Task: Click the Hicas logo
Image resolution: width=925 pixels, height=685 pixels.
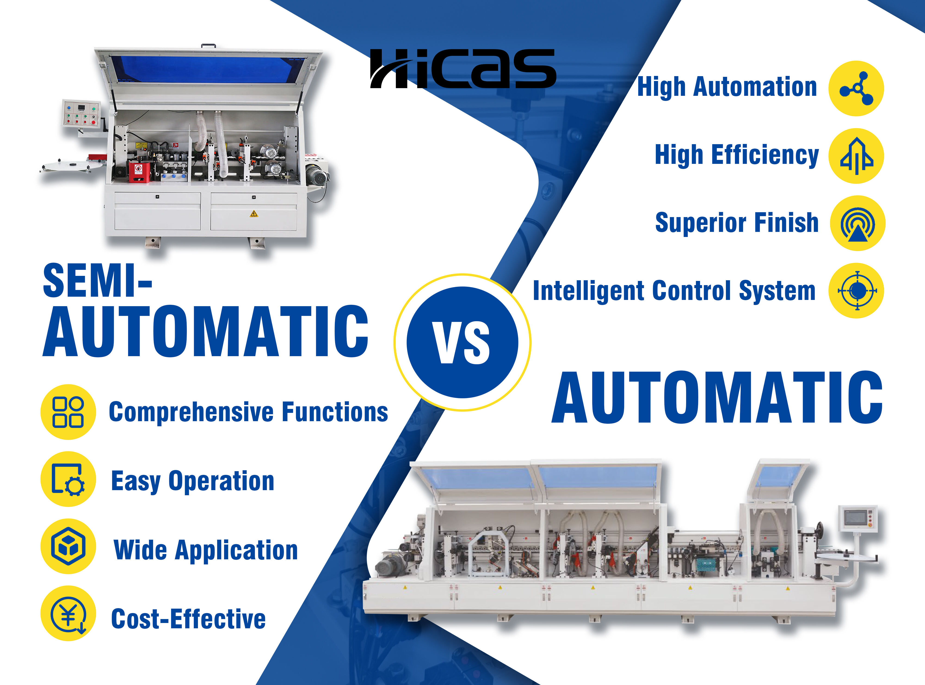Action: [463, 68]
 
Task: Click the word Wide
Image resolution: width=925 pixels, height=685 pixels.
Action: [140, 550]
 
